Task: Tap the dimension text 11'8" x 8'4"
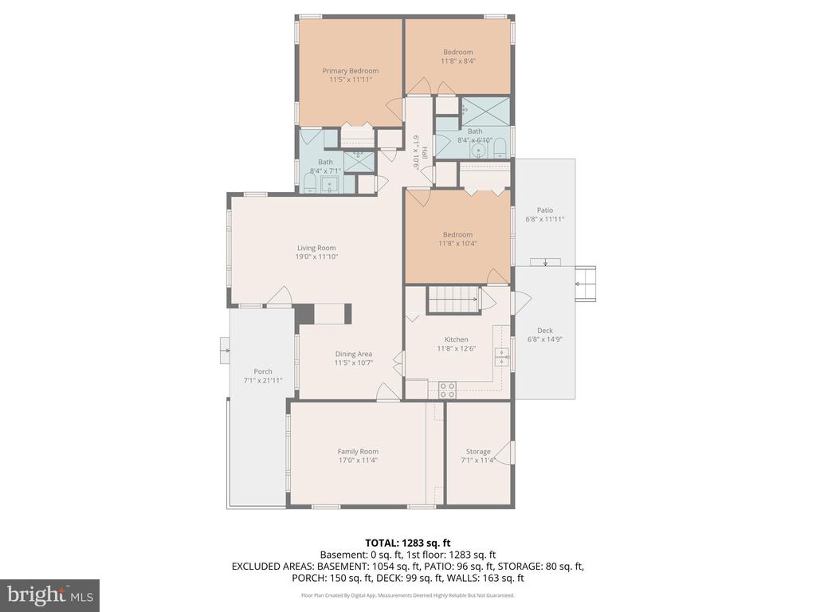click(x=457, y=61)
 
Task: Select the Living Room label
click(x=316, y=247)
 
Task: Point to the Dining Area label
click(x=353, y=354)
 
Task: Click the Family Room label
click(x=358, y=451)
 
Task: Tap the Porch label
click(x=263, y=371)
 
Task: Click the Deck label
click(x=544, y=331)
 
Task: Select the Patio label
click(x=544, y=210)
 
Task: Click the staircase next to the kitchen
click(x=453, y=300)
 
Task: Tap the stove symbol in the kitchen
click(x=448, y=389)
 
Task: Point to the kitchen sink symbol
click(x=502, y=356)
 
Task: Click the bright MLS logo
click(x=49, y=594)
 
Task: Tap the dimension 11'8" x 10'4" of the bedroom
click(x=457, y=244)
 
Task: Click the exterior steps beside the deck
click(x=586, y=282)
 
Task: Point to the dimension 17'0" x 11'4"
click(x=358, y=460)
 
